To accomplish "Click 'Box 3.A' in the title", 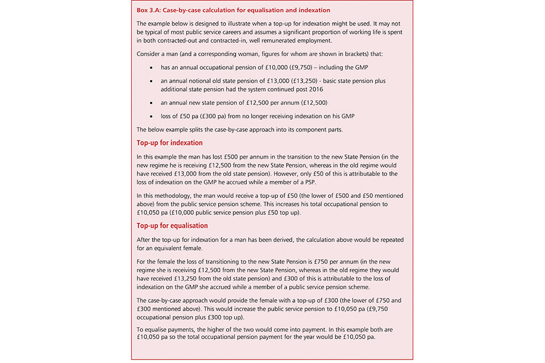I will point(149,10).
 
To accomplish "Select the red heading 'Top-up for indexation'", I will point(170,142).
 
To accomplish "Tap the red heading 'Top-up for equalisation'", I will point(173,225).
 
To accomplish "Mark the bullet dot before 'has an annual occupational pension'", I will point(150,67).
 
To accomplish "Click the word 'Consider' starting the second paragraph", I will point(150,54).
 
